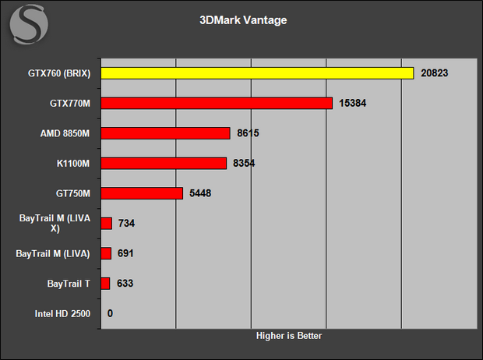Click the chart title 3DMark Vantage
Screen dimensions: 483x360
coord(243,20)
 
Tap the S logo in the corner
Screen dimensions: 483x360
coord(29,24)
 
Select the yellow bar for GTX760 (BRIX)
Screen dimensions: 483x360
coord(257,73)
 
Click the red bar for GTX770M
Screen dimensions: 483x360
coord(217,104)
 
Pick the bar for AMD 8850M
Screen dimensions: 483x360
coord(165,133)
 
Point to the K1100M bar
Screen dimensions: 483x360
coord(164,164)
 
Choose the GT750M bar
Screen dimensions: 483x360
coord(142,193)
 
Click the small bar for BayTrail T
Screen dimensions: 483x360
coord(105,284)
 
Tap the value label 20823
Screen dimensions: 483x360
coord(435,73)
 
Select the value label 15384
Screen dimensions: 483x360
coord(353,103)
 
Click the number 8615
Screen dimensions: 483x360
coord(248,133)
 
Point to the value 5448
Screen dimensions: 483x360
coord(200,193)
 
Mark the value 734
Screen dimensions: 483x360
coord(127,223)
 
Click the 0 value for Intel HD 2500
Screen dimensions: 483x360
coord(110,313)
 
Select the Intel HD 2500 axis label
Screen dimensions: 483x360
coord(62,314)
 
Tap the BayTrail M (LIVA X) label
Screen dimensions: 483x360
coord(55,223)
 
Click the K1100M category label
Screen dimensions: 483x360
coord(73,164)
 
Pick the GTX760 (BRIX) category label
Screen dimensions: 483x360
coord(59,73)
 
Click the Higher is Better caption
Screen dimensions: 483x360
coord(289,336)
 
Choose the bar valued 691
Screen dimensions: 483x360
coord(106,253)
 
